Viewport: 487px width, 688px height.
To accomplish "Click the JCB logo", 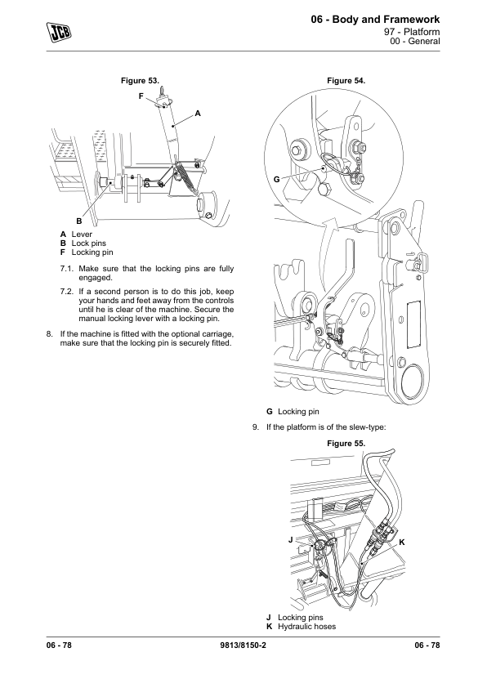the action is pyautogui.click(x=59, y=32).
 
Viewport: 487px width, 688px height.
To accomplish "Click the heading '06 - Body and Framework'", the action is pyautogui.click(x=375, y=20).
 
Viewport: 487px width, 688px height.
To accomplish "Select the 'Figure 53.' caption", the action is pyautogui.click(x=140, y=81).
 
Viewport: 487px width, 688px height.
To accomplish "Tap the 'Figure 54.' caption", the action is pyautogui.click(x=346, y=81).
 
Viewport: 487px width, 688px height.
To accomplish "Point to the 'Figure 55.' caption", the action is pyautogui.click(x=346, y=444).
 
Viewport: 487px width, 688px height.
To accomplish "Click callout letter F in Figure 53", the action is pyautogui.click(x=141, y=96).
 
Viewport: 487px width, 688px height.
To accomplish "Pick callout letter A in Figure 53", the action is pyautogui.click(x=198, y=114).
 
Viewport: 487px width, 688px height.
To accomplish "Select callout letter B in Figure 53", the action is pyautogui.click(x=79, y=221).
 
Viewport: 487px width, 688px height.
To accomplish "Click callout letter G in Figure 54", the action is pyautogui.click(x=276, y=180).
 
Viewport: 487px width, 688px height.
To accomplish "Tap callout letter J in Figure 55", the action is pyautogui.click(x=290, y=539).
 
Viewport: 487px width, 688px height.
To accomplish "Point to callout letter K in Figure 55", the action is pyautogui.click(x=402, y=543).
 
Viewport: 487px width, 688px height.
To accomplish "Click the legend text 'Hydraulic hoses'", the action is pyautogui.click(x=306, y=627).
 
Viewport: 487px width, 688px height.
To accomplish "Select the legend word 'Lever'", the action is pyautogui.click(x=82, y=235).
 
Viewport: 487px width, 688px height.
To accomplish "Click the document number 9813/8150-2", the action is pyautogui.click(x=243, y=645).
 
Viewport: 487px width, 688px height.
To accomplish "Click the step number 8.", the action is pyautogui.click(x=50, y=334).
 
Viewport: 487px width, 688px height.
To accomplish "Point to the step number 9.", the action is pyautogui.click(x=256, y=427).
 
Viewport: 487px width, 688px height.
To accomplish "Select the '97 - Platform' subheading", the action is pyautogui.click(x=412, y=32).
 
